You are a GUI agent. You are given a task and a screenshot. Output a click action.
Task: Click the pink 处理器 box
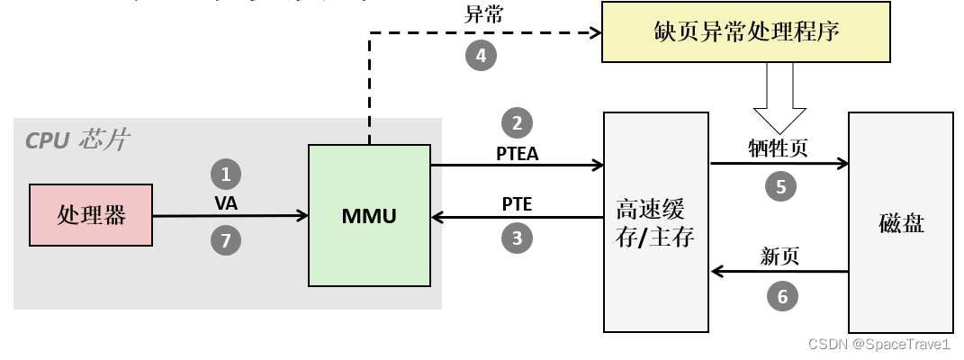91,215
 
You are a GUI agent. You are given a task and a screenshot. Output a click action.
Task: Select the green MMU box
369,215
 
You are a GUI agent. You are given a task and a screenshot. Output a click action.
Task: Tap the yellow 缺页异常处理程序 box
747,31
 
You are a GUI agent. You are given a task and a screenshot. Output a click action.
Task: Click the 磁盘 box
901,223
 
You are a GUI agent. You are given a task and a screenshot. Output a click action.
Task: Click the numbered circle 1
226,174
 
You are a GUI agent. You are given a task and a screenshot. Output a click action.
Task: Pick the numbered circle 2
517,123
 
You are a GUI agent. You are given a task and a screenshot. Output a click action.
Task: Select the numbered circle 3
517,238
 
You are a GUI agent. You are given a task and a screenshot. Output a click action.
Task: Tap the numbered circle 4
481,56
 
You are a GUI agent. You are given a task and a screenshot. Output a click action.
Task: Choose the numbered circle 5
780,186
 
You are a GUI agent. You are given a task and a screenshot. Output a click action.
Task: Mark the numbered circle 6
780,294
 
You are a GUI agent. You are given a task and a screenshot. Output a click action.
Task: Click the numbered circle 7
226,240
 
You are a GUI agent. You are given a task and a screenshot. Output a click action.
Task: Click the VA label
226,203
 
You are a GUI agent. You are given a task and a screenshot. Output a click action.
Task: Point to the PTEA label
517,153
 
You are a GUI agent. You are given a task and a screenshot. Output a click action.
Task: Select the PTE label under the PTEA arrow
517,204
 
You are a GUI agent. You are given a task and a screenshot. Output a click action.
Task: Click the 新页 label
779,257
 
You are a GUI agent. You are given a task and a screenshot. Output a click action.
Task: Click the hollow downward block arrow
779,99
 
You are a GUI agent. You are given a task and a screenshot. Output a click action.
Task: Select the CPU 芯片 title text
77,139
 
